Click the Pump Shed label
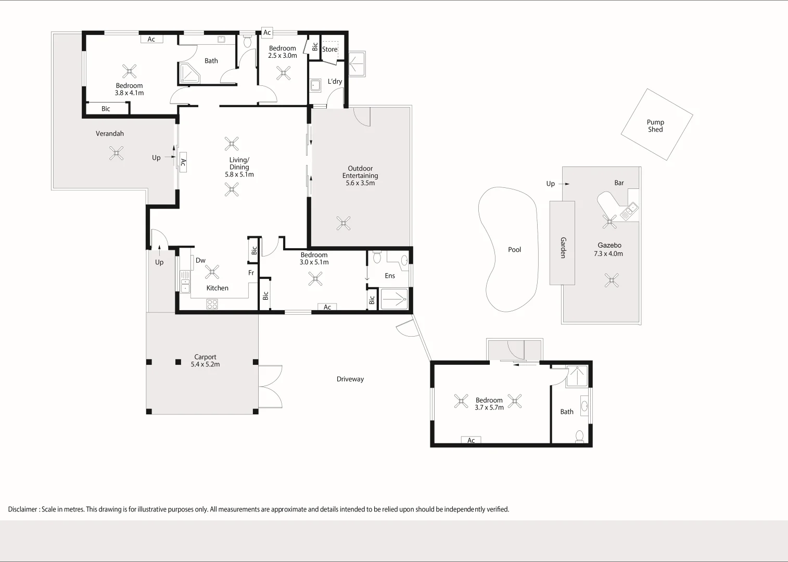pyautogui.click(x=655, y=125)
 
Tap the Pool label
pyautogui.click(x=514, y=250)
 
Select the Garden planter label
pyautogui.click(x=563, y=248)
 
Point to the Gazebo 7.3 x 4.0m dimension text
pyautogui.click(x=608, y=253)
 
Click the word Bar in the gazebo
pyautogui.click(x=619, y=183)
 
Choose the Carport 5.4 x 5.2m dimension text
pyautogui.click(x=205, y=364)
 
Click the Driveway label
pyautogui.click(x=350, y=379)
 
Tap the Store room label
pyautogui.click(x=329, y=49)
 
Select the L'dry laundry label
pyautogui.click(x=335, y=81)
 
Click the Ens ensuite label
pyautogui.click(x=390, y=276)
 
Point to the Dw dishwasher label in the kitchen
pyautogui.click(x=200, y=260)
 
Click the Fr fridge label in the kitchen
pyautogui.click(x=251, y=273)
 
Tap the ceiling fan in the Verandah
pyautogui.click(x=116, y=154)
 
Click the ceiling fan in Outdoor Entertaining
pyautogui.click(x=344, y=223)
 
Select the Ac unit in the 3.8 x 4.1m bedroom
pyautogui.click(x=151, y=39)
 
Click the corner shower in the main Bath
pyautogui.click(x=189, y=73)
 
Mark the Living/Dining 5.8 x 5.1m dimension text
pyautogui.click(x=239, y=174)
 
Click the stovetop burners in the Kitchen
pyautogui.click(x=212, y=304)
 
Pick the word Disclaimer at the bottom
pyautogui.click(x=22, y=509)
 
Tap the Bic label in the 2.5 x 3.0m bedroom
pyautogui.click(x=315, y=46)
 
